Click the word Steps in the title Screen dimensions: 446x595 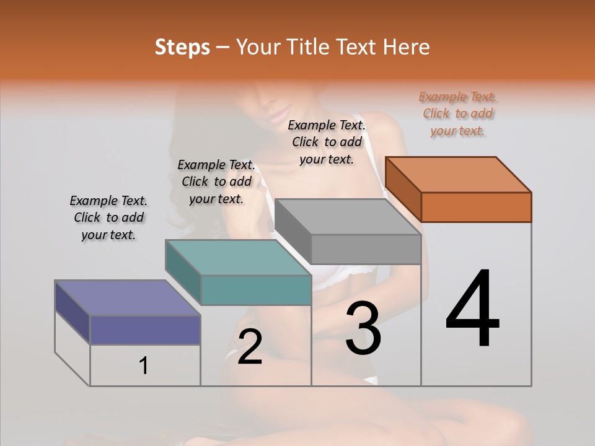pos(182,47)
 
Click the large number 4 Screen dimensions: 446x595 pos(472,310)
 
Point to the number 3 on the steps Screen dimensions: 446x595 pos(363,329)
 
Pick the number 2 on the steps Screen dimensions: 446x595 pos(250,347)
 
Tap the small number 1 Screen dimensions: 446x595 pos(144,366)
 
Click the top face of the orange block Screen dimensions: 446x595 pos(458,175)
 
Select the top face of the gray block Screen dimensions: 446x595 pos(348,217)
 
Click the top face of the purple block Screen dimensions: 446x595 pos(128,298)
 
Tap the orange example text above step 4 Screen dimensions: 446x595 pos(458,113)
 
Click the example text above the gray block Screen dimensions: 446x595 pos(327,142)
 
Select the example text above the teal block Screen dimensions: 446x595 pos(216,181)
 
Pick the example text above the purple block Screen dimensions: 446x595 pos(108,217)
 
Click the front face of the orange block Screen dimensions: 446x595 pos(476,207)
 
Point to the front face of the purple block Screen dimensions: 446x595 pos(145,330)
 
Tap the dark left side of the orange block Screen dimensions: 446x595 pos(403,189)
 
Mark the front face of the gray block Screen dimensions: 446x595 pos(366,249)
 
